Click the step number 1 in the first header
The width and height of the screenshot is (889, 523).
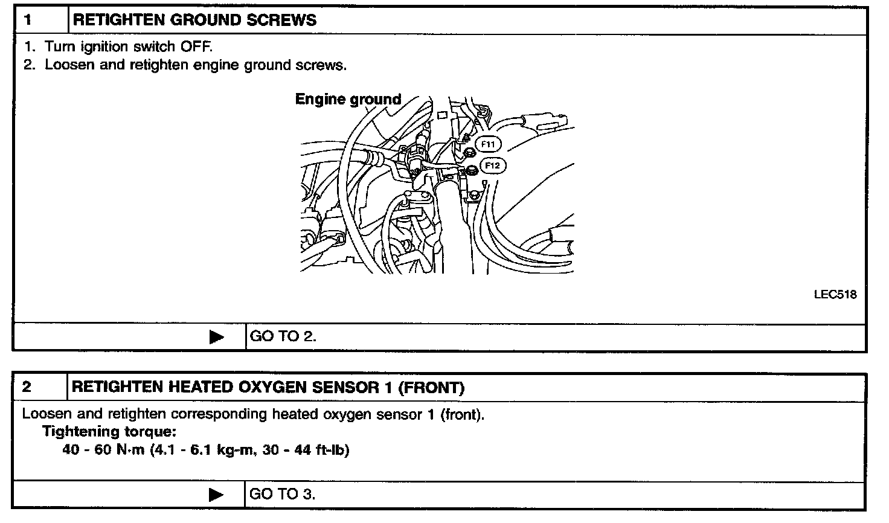point(28,20)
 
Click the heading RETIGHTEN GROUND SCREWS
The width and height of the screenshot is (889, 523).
point(194,20)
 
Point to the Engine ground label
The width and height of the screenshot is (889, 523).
point(348,99)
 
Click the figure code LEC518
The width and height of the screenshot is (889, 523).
point(835,295)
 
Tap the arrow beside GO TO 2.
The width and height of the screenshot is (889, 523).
point(216,337)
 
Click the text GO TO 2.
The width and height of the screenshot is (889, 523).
point(283,336)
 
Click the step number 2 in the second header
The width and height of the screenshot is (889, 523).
point(27,387)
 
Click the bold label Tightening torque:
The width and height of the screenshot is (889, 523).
point(109,431)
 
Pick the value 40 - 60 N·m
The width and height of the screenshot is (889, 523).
point(103,450)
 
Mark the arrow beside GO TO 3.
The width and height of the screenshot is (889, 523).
point(216,495)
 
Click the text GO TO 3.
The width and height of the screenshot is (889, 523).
point(283,494)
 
